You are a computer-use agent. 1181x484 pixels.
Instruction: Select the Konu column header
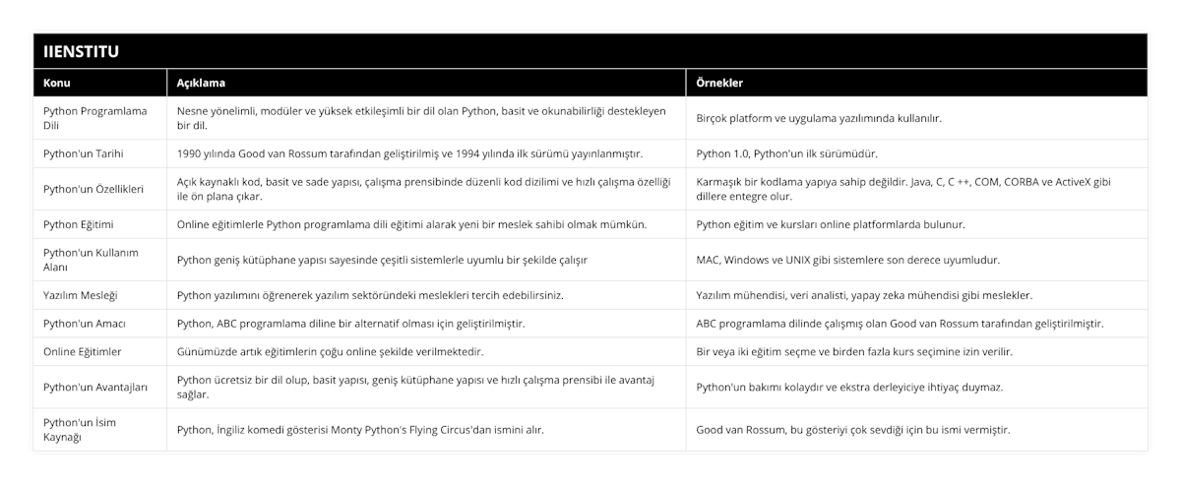pyautogui.click(x=57, y=83)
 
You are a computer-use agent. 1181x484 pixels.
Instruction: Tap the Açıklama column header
pyautogui.click(x=202, y=83)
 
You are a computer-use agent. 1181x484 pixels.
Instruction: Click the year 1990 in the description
pyautogui.click(x=190, y=153)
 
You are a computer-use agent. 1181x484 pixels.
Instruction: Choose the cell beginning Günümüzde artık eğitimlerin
pyautogui.click(x=330, y=351)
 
